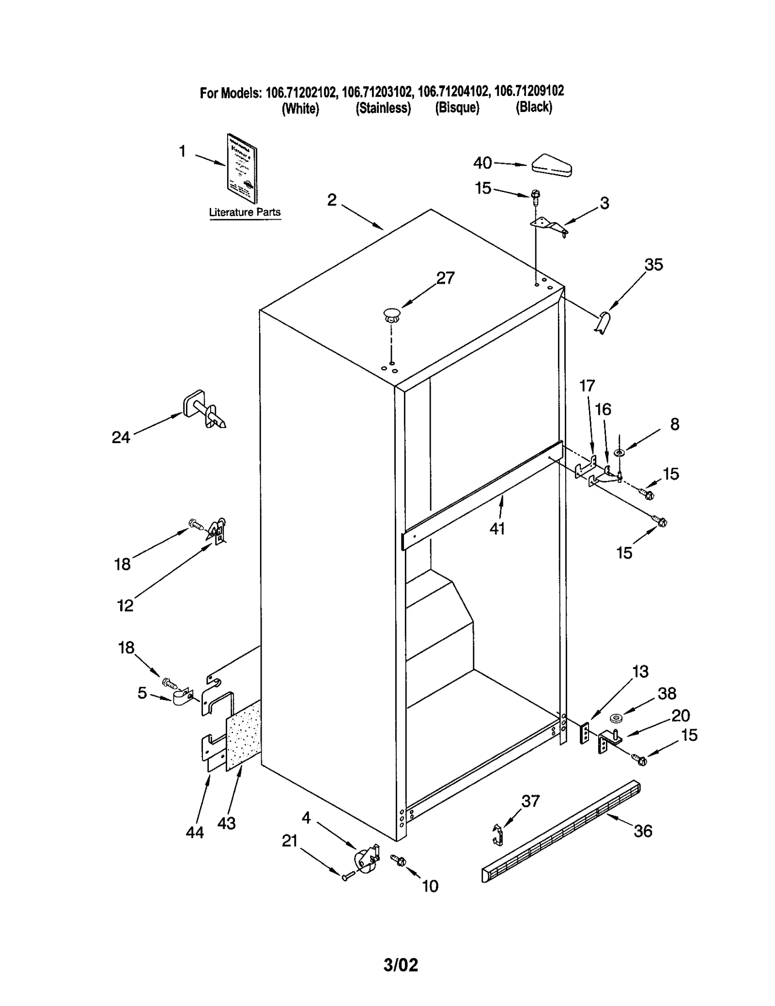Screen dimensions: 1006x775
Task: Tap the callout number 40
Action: (482, 163)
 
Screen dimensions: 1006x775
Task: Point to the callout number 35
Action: (653, 265)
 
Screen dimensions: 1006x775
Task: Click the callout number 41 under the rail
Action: (497, 528)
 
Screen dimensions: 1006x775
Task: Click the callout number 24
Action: (121, 437)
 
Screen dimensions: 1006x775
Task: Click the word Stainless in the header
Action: (383, 108)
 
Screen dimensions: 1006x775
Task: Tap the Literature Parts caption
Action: (245, 212)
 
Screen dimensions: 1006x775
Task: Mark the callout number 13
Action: (640, 671)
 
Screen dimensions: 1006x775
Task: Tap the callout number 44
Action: (195, 832)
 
